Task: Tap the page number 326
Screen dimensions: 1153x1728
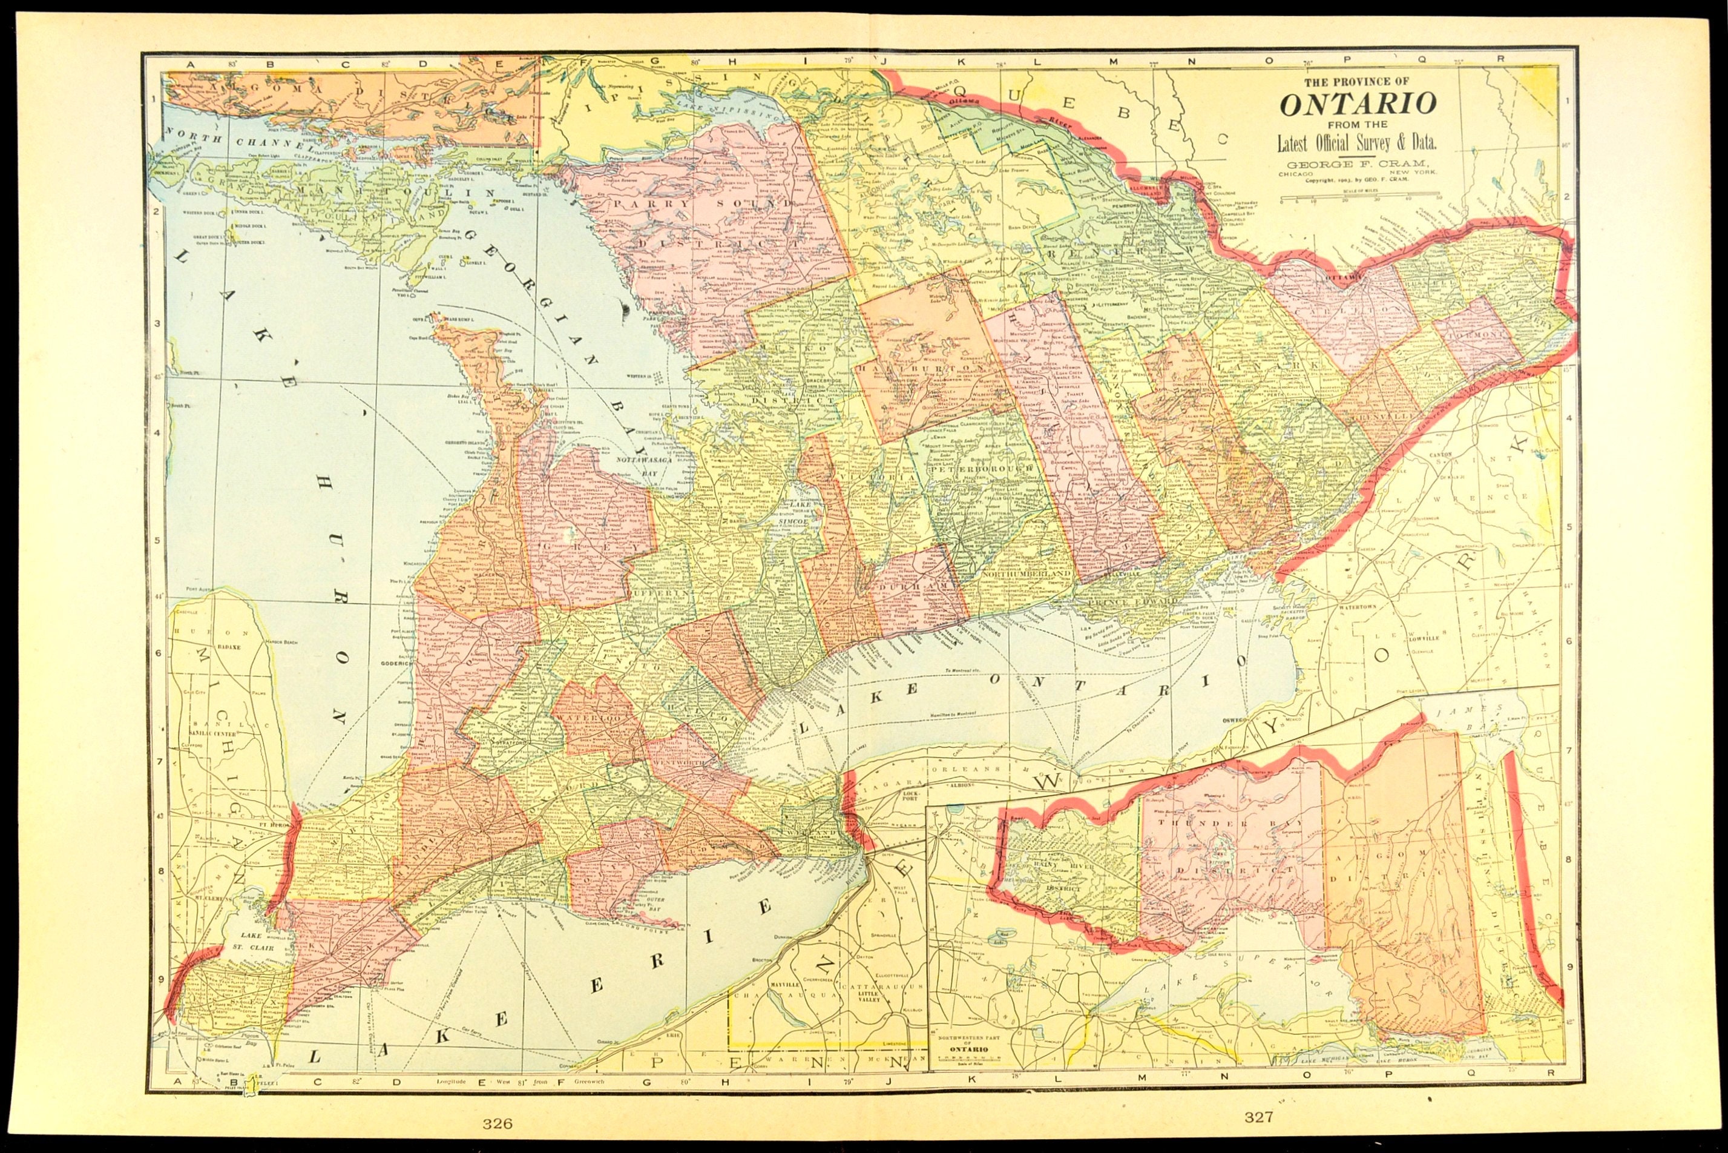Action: tap(498, 1123)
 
